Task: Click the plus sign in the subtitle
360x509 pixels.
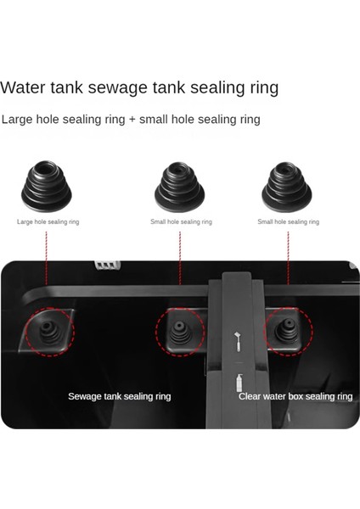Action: (x=132, y=120)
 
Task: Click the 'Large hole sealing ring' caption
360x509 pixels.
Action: (x=48, y=221)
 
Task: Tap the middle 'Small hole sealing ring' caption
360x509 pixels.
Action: (x=181, y=221)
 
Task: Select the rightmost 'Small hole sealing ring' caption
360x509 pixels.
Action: (x=289, y=221)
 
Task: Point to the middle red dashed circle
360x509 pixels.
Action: (x=180, y=332)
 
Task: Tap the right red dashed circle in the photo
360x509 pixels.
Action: (x=286, y=332)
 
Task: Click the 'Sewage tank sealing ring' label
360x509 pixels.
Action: (x=119, y=396)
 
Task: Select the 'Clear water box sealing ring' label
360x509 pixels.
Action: (x=295, y=396)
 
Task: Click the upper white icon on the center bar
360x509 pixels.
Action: (x=239, y=341)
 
